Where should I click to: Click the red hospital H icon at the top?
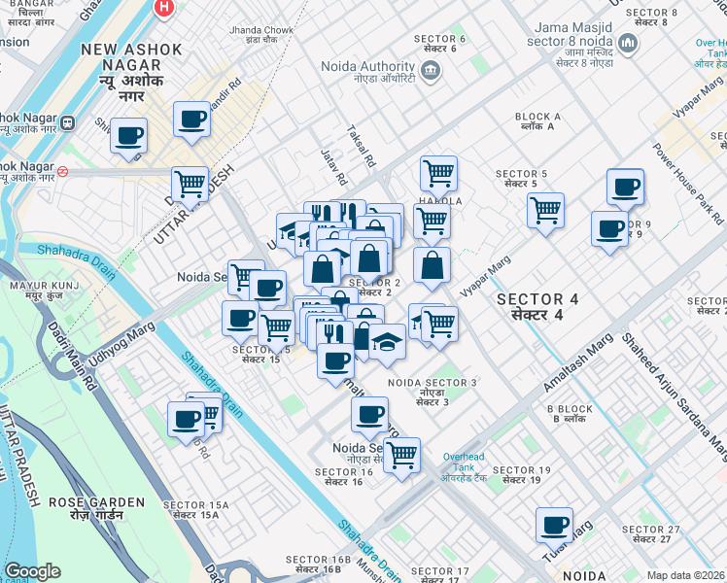pos(164,7)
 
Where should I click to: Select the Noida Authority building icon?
pos(430,69)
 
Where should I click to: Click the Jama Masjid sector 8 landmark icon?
pos(627,44)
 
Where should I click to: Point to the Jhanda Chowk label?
pos(260,36)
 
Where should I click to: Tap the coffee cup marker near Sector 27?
pos(554,524)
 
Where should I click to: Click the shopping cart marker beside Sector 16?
pos(401,454)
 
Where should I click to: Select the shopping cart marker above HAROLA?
pos(439,172)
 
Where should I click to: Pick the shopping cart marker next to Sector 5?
pos(545,209)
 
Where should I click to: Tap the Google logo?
pos(32,571)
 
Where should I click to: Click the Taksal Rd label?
pos(361,146)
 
